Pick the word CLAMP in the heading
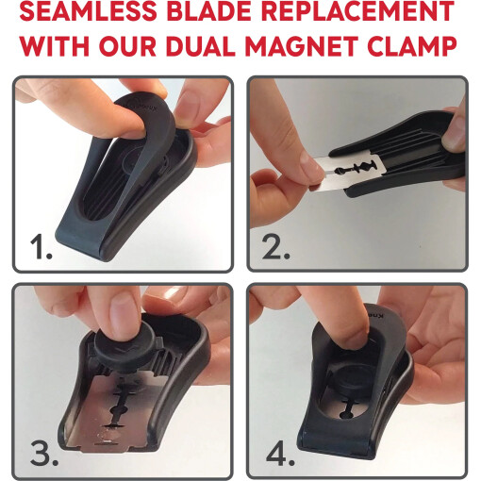412,46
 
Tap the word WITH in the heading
54,46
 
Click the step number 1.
41,248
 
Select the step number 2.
275,248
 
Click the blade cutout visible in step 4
348,407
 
